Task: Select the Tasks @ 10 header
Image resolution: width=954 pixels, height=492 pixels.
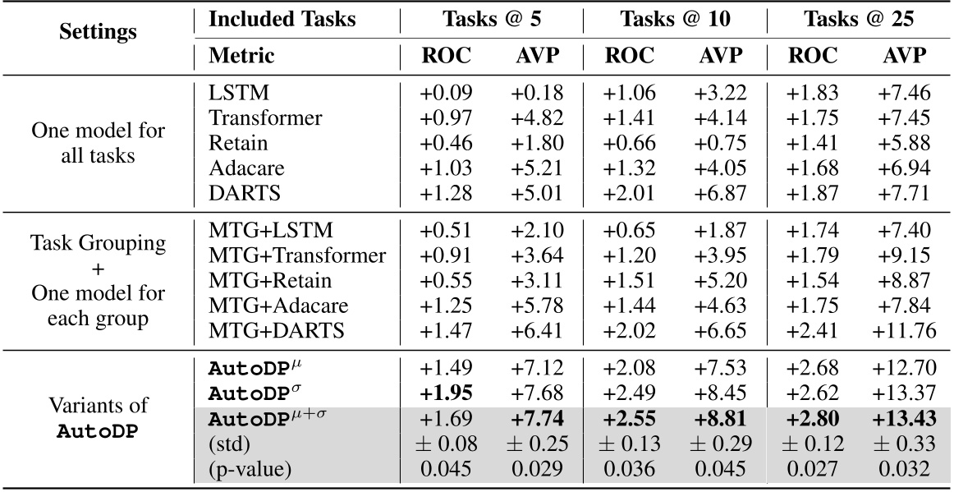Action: [673, 19]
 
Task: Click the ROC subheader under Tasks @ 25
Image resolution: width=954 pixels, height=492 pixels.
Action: [812, 56]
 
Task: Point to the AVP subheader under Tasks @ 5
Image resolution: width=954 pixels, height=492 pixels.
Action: [538, 56]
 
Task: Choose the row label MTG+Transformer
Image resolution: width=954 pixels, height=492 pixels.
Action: [297, 256]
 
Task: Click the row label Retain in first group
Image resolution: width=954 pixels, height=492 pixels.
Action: [238, 143]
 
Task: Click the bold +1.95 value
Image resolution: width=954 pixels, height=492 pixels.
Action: [447, 393]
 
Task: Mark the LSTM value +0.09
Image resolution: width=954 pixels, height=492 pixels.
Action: [447, 94]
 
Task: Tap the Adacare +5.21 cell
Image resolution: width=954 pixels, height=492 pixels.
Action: [538, 168]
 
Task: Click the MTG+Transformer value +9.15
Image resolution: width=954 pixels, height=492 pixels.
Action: [901, 256]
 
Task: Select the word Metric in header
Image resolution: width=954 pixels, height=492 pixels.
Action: [242, 56]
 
